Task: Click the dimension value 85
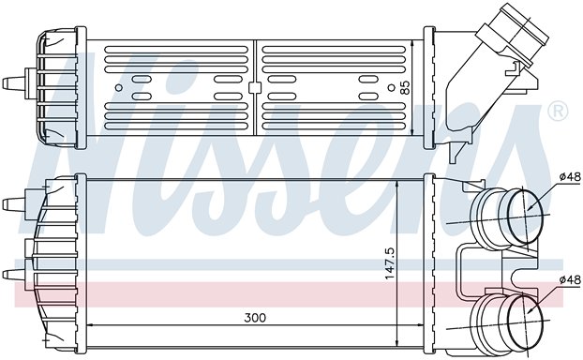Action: tap(405, 92)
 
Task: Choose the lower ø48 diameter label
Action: tap(569, 280)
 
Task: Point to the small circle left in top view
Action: tap(119, 88)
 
